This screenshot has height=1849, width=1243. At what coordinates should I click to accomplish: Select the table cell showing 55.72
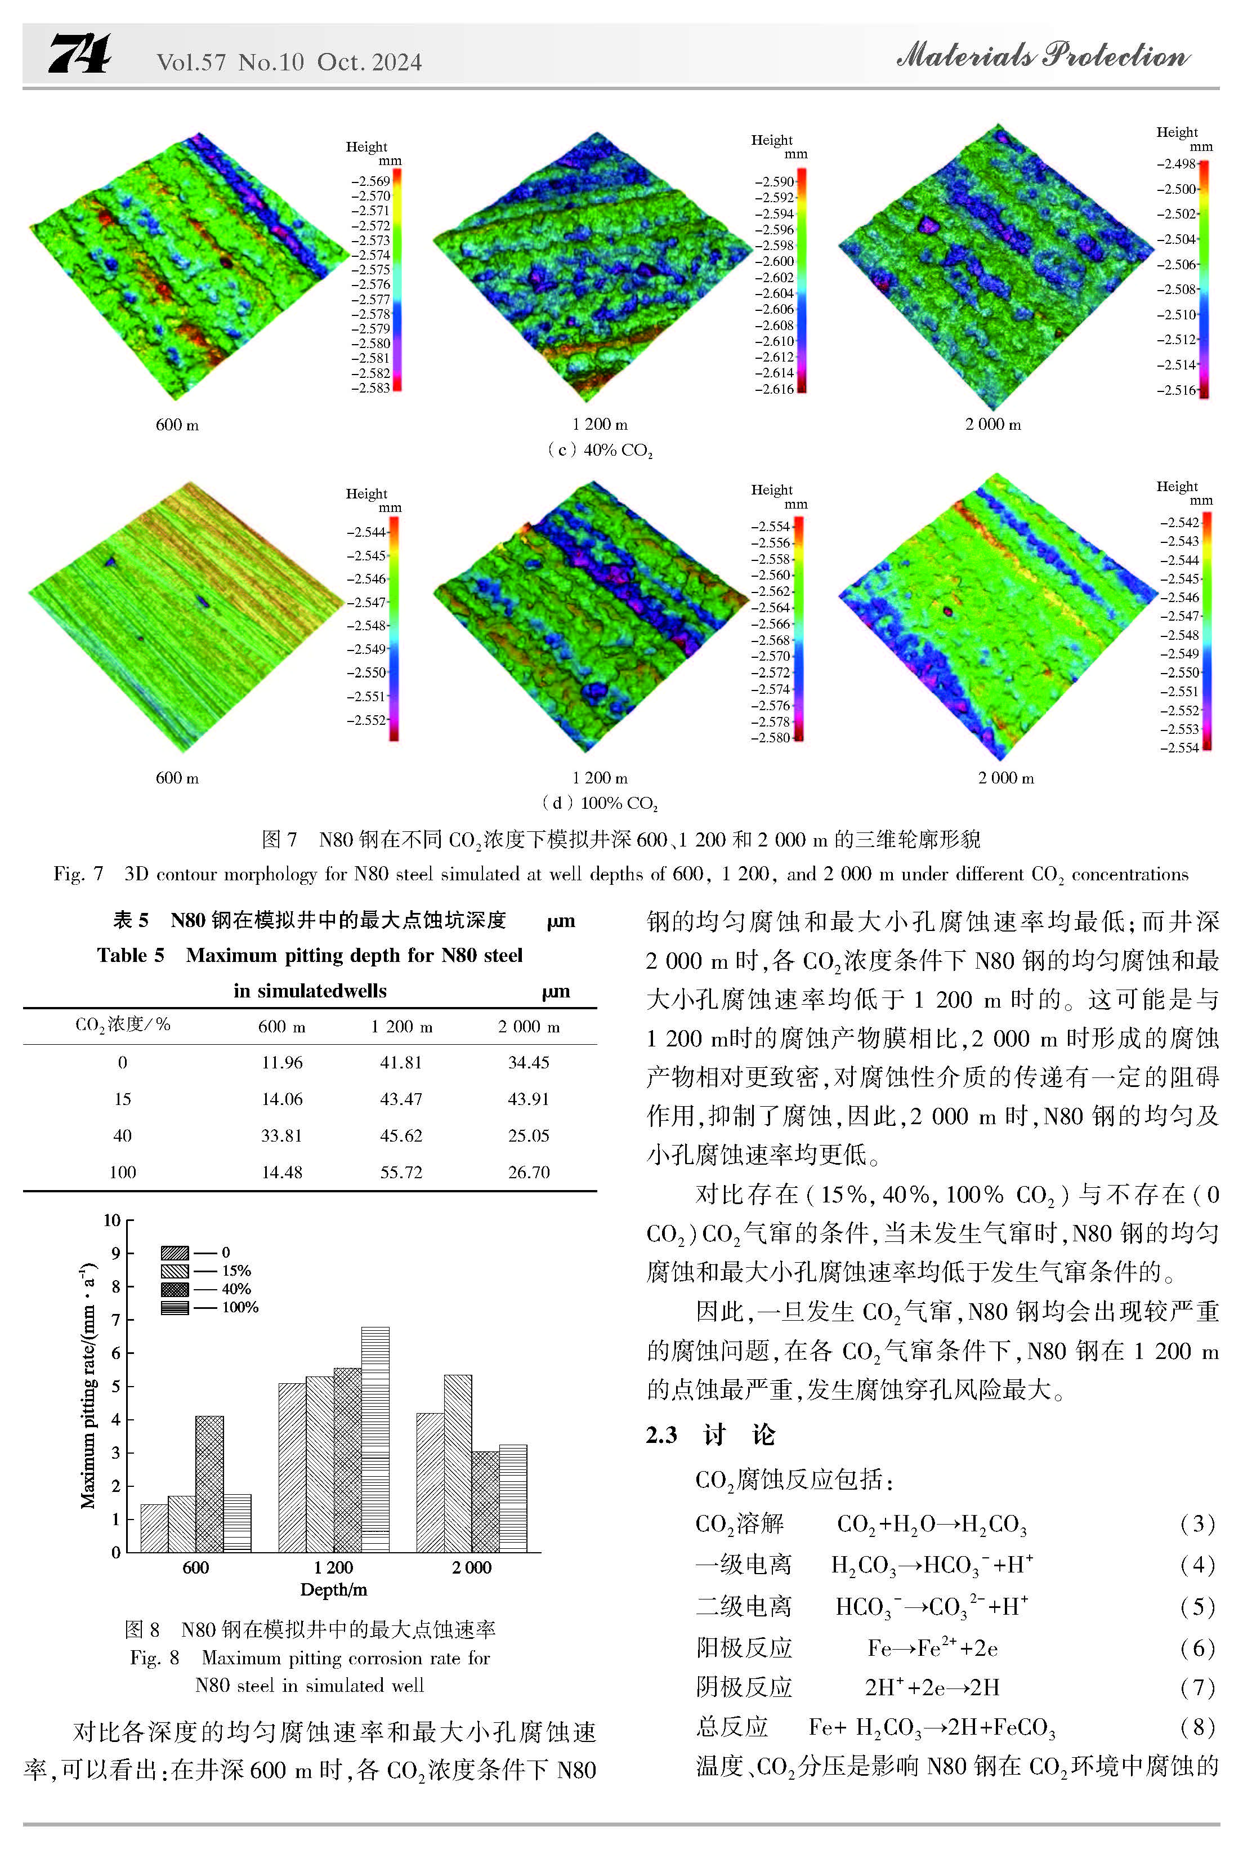click(401, 1172)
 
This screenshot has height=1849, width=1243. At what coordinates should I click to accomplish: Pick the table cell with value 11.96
click(282, 1062)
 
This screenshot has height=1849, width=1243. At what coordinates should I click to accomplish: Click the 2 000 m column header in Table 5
click(529, 1027)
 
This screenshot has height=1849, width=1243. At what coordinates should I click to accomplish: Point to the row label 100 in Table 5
click(123, 1172)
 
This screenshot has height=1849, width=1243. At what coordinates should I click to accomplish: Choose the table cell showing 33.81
click(282, 1135)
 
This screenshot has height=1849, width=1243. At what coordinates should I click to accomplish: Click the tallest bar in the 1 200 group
click(375, 1439)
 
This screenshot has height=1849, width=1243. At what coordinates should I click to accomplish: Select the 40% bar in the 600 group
click(209, 1483)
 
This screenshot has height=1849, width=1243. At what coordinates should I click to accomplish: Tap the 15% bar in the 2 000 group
click(458, 1463)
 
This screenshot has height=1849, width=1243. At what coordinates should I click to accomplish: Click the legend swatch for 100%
click(175, 1307)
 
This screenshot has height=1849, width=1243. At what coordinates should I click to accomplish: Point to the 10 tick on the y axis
click(112, 1220)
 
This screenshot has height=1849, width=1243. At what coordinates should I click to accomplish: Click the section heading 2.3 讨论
click(710, 1434)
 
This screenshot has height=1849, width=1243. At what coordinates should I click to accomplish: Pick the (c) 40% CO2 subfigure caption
click(600, 451)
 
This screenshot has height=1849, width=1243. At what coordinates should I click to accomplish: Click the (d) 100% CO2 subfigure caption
click(600, 803)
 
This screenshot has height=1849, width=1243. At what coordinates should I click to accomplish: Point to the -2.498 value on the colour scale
click(1177, 164)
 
